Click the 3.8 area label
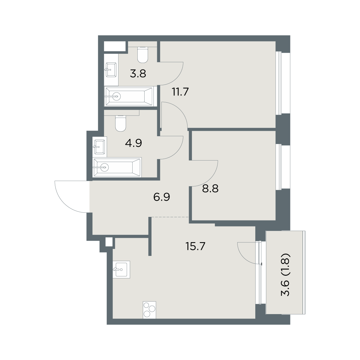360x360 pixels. coord(138,73)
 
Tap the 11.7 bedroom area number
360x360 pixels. coord(181,92)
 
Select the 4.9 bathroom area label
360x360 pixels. coord(133,143)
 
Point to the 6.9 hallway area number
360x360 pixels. coord(162,197)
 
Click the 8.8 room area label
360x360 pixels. coord(210,188)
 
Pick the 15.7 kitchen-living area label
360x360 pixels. coord(195,246)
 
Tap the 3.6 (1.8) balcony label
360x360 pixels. coord(285,274)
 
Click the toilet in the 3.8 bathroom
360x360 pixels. coord(143,55)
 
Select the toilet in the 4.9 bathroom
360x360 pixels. coord(121,123)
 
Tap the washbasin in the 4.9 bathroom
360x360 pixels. coord(100,147)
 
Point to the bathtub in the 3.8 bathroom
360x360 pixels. coord(129,96)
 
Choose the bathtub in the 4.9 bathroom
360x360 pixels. coord(117,167)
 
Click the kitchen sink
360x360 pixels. coord(121,270)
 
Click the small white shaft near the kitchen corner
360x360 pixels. coord(109,242)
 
